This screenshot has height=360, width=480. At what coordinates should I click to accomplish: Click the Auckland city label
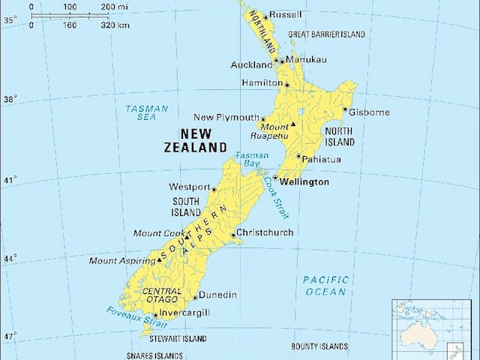pyautogui.click(x=251, y=65)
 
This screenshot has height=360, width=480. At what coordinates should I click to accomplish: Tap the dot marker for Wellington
pyautogui.click(x=275, y=178)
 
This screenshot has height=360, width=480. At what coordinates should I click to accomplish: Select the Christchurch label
pyautogui.click(x=265, y=232)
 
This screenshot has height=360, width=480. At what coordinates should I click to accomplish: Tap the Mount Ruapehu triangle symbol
pyautogui.click(x=293, y=124)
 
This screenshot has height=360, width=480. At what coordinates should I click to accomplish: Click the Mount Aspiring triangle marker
pyautogui.click(x=159, y=260)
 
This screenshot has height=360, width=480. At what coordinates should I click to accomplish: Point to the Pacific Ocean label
pyautogui.click(x=325, y=286)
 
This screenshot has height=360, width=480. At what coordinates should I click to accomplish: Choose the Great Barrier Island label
pyautogui.click(x=326, y=34)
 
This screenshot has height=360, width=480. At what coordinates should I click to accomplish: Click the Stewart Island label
pyautogui.click(x=178, y=339)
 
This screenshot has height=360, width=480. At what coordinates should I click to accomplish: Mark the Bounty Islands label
pyautogui.click(x=319, y=346)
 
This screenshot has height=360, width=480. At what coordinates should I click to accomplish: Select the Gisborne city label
pyautogui.click(x=370, y=112)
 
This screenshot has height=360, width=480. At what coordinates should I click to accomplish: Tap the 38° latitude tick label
pyautogui.click(x=10, y=99)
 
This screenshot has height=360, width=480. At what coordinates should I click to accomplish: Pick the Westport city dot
pyautogui.click(x=214, y=189)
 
